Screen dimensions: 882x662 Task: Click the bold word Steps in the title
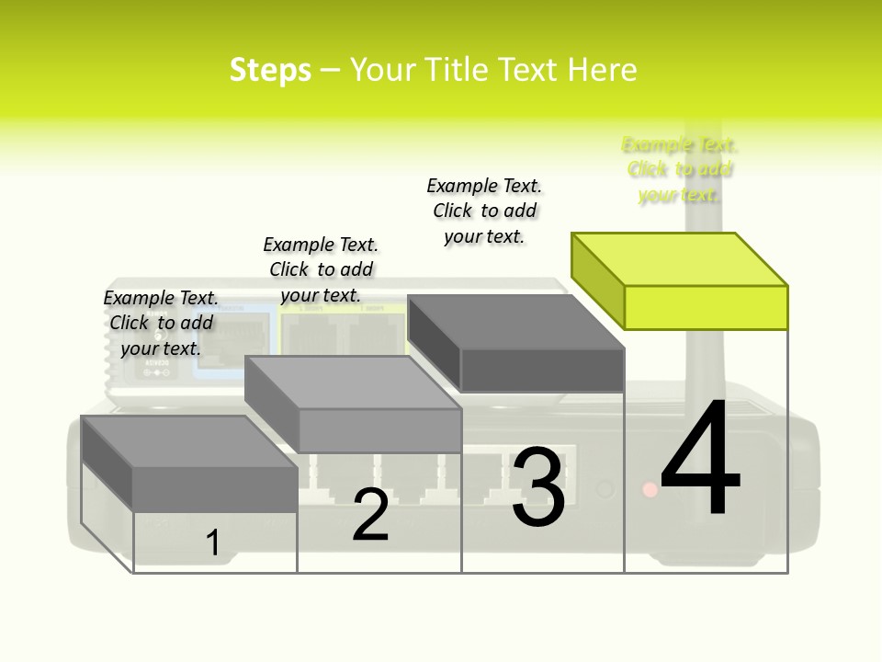click(270, 70)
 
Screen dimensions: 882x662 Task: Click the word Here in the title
click(602, 70)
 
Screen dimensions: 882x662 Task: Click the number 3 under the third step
click(538, 486)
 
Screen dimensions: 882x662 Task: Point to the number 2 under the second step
click(370, 515)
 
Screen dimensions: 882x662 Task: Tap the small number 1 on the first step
click(212, 542)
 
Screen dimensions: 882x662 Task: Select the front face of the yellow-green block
click(706, 307)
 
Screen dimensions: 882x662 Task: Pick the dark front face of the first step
click(215, 488)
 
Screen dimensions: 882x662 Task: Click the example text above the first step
click(161, 323)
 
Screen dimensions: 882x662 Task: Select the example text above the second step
click(321, 269)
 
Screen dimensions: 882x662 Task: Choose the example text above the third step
click(484, 211)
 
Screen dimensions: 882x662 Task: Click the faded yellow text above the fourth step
click(680, 169)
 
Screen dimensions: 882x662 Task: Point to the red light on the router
click(650, 490)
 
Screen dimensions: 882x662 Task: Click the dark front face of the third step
click(542, 370)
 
